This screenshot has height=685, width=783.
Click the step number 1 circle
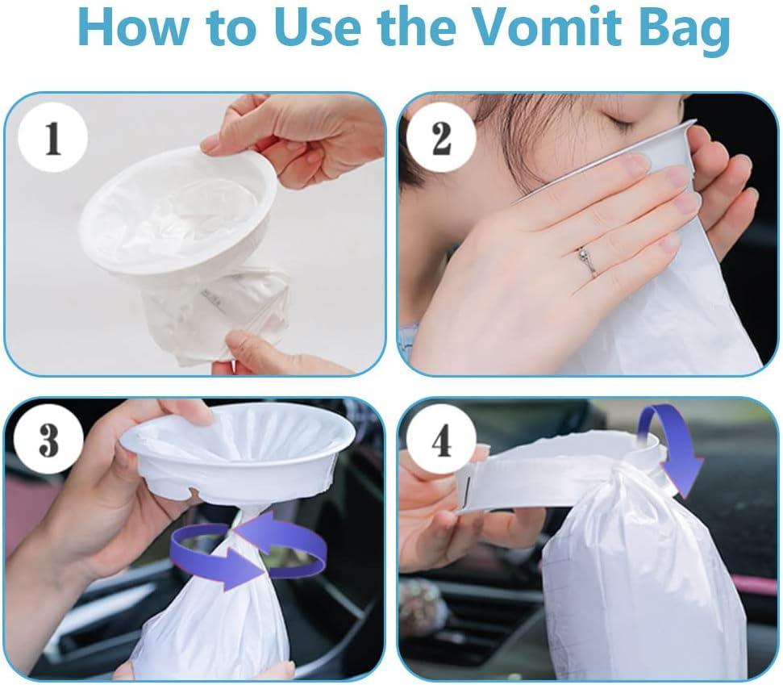[x=53, y=139]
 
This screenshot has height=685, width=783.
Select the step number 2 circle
[x=441, y=139]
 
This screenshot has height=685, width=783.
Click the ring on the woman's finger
[x=586, y=261]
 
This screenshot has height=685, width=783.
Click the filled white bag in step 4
[x=637, y=581]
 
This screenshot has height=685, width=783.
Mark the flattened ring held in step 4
[x=548, y=480]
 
